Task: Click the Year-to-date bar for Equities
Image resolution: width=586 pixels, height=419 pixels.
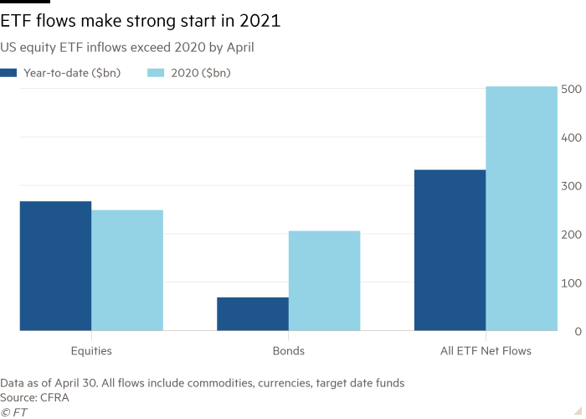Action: coord(55,266)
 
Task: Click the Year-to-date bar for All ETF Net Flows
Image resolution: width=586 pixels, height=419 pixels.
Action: coord(450,251)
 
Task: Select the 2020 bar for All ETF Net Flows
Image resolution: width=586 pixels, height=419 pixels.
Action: coord(521,209)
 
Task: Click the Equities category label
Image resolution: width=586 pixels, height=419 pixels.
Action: coord(91,350)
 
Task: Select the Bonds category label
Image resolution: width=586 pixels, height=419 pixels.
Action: coord(288,350)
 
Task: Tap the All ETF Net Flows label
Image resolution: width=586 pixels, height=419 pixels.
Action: coord(485,350)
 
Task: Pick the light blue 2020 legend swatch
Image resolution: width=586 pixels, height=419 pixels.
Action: coord(155,73)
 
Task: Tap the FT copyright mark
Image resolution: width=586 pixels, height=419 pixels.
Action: coord(12,411)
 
